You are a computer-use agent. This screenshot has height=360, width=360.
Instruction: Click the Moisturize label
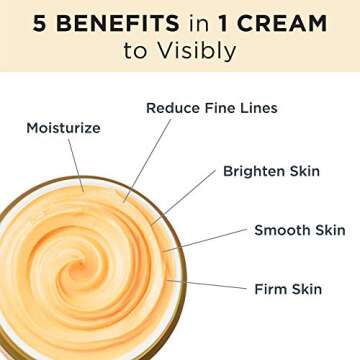65,128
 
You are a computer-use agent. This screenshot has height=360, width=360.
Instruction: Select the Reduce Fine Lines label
211,107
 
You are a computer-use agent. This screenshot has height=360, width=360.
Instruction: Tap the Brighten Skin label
271,170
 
